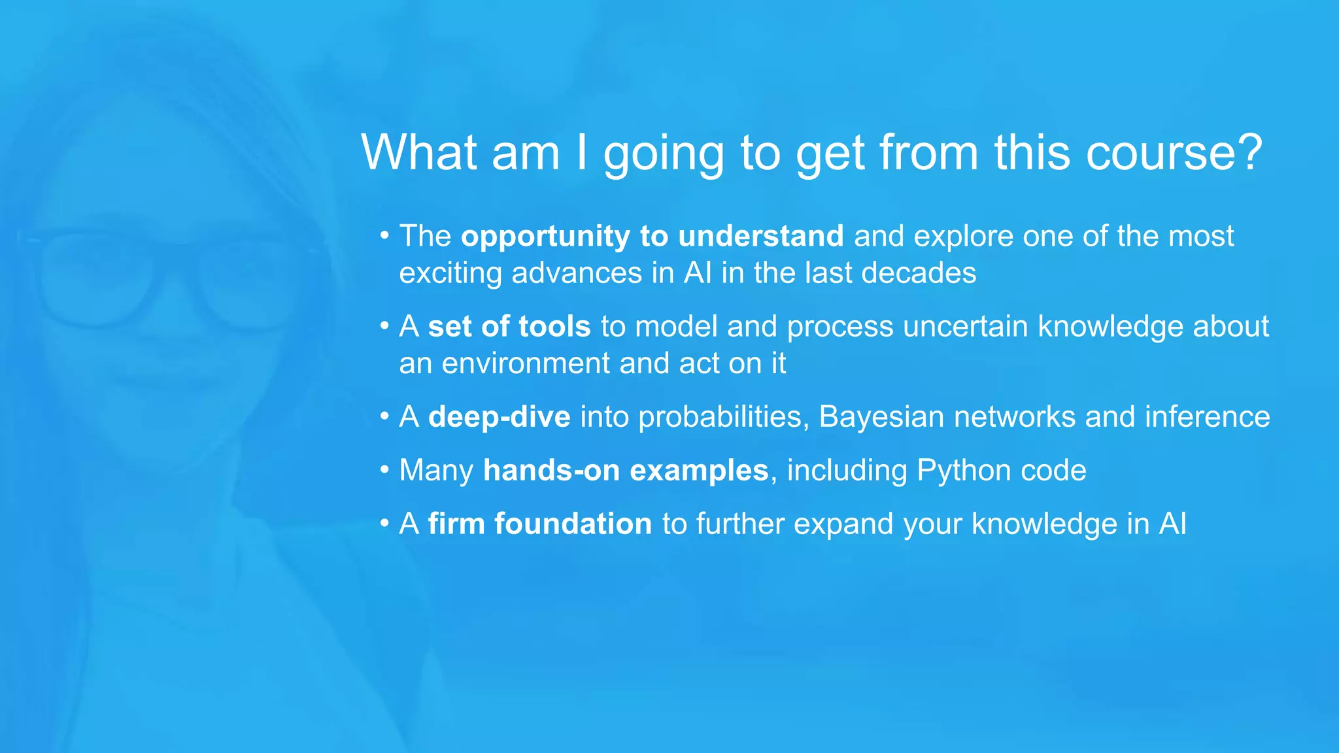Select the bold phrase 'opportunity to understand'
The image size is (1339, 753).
[x=652, y=236]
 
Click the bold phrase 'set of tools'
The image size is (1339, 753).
[x=509, y=326]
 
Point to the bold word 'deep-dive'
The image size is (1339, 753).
[x=499, y=417]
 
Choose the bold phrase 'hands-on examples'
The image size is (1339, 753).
[x=625, y=471]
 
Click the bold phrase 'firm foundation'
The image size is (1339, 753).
[x=539, y=524]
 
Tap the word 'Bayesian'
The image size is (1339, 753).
[x=881, y=417]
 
